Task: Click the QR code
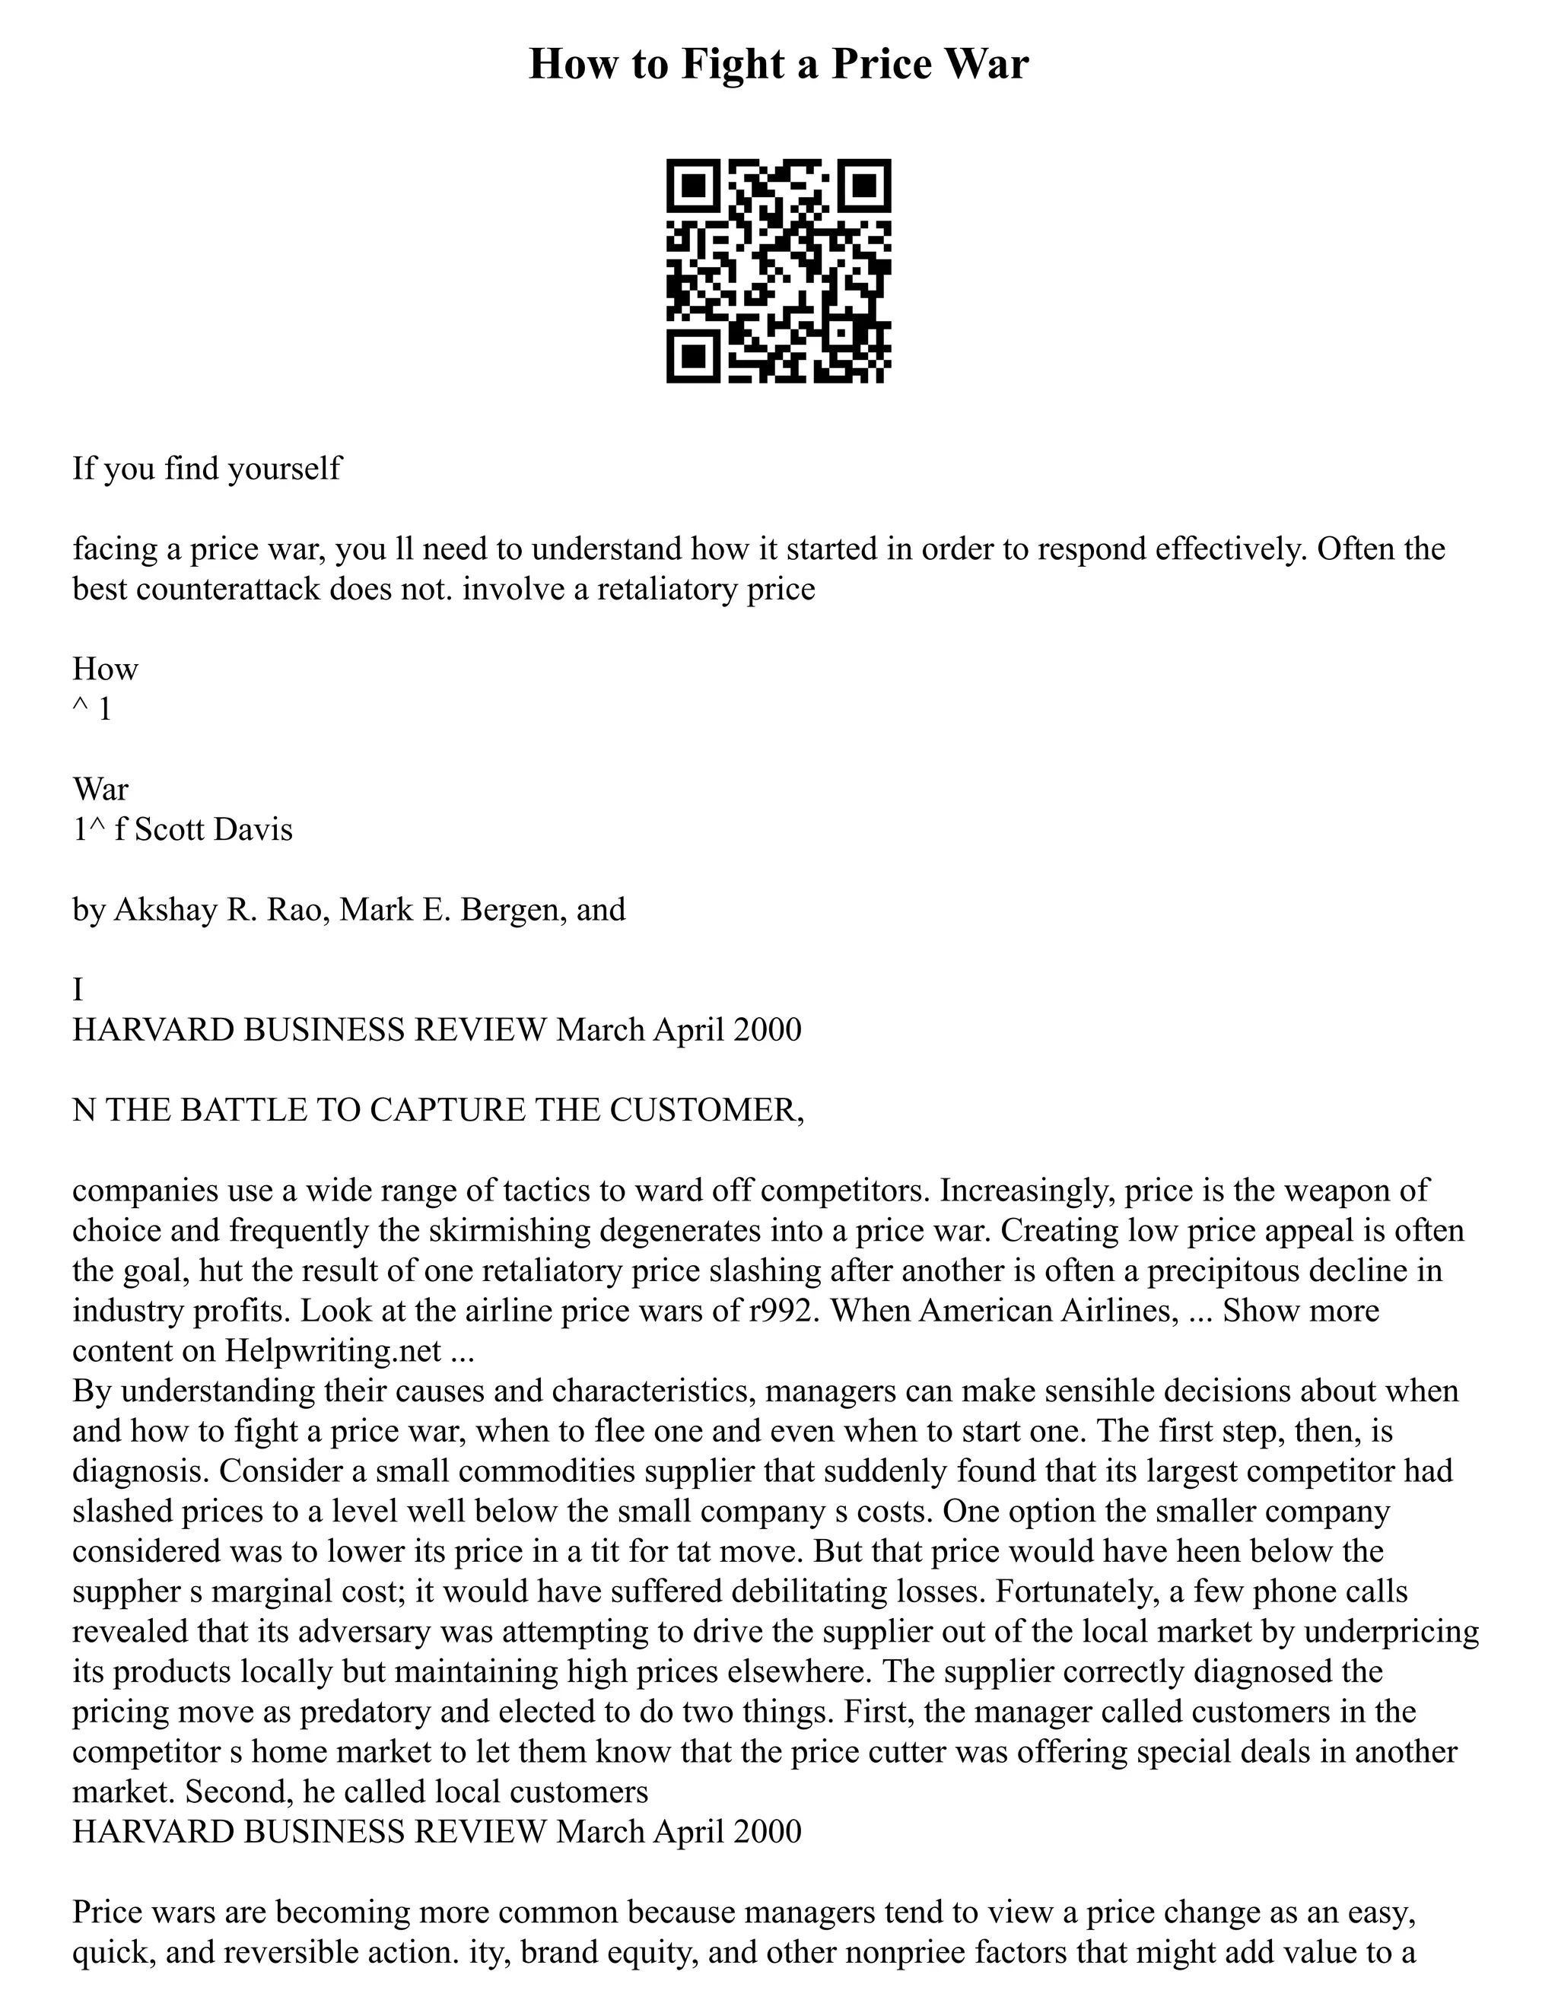click(x=778, y=271)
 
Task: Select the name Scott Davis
click(x=213, y=829)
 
